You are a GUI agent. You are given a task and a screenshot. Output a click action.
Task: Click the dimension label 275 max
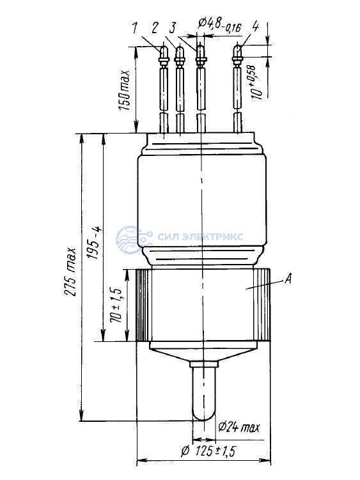point(70,272)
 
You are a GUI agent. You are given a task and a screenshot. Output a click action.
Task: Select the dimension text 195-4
point(94,244)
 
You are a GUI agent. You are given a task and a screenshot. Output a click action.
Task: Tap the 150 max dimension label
point(125,90)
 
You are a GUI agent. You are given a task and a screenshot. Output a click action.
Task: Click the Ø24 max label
point(239,427)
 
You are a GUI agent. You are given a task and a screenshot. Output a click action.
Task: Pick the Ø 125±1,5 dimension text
point(208,451)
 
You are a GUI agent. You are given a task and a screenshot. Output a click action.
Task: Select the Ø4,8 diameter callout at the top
point(219,25)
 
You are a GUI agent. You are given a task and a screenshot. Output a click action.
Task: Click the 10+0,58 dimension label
point(257,82)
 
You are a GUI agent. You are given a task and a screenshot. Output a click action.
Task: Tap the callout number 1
point(135,28)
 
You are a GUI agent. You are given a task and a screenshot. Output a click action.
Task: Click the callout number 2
point(154,27)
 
